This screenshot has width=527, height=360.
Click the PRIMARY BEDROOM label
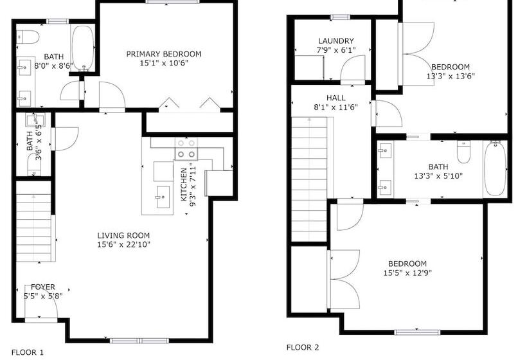[163, 54]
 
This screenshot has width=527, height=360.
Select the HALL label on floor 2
[335, 98]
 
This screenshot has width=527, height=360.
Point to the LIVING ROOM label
[123, 235]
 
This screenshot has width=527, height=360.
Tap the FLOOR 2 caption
[302, 347]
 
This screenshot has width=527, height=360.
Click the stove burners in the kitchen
[186, 154]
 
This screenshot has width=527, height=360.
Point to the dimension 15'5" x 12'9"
[408, 273]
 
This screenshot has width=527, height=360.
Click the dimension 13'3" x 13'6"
[450, 76]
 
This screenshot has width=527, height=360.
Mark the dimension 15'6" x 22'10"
[123, 244]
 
